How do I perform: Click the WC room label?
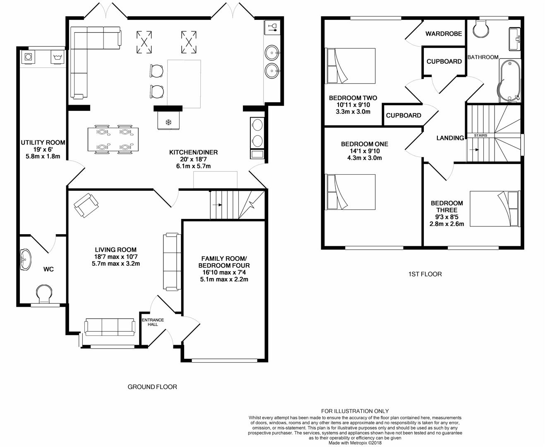(48, 269)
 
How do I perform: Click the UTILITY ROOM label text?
(43, 142)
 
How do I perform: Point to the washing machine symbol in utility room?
(56, 57)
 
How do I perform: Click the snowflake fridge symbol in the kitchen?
(168, 122)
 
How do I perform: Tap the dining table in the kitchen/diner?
(113, 139)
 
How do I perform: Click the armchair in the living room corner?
(86, 205)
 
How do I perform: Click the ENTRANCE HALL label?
(153, 322)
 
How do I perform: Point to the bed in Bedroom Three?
(494, 209)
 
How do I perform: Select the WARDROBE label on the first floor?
(444, 34)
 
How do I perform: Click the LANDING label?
(450, 138)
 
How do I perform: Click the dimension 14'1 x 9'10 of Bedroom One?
(365, 151)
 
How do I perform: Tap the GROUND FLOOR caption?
(152, 387)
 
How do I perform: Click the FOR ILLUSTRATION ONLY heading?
(355, 411)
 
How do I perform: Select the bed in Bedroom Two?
(351, 65)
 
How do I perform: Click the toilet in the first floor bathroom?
(480, 27)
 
